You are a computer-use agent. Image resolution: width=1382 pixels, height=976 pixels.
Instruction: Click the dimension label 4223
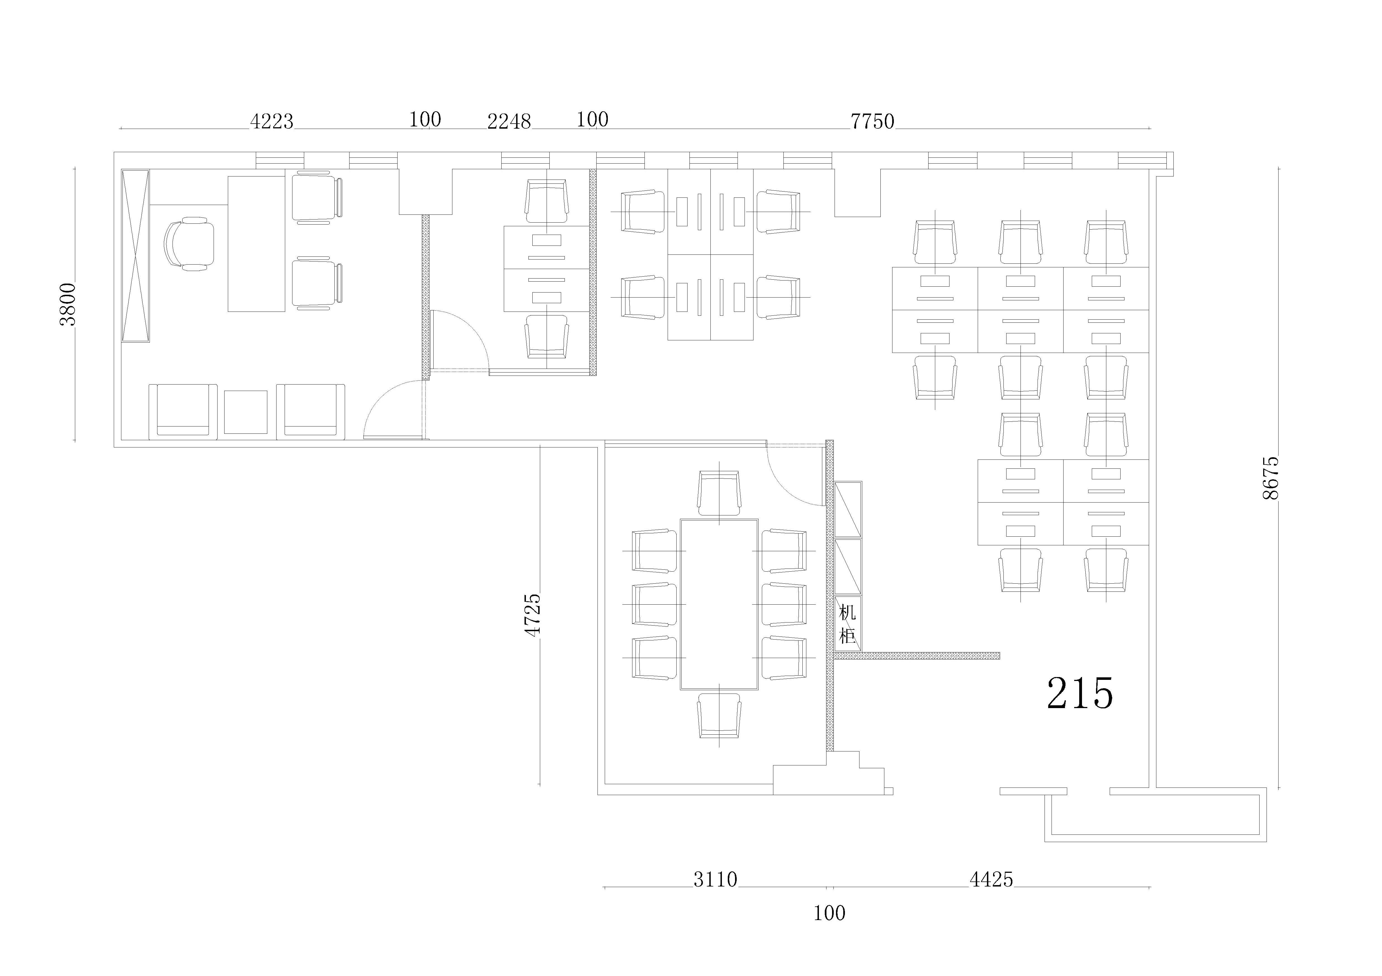point(271,122)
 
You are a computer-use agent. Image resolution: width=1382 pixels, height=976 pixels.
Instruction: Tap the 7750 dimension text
point(872,122)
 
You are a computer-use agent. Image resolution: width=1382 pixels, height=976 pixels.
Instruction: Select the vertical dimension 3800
point(68,304)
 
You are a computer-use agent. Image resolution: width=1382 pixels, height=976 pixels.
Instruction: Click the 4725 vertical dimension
point(532,615)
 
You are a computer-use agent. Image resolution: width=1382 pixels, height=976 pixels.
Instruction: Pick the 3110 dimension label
point(715,880)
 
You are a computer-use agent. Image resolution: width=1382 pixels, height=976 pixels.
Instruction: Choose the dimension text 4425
point(991,880)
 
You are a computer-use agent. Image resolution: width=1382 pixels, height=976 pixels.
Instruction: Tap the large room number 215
point(1080,693)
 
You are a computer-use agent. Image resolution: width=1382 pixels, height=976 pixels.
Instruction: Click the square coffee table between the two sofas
point(245,412)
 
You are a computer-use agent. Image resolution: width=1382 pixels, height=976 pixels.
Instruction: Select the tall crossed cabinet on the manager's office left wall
point(135,256)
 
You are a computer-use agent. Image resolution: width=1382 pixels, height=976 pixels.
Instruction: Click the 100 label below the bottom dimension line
point(830,913)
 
